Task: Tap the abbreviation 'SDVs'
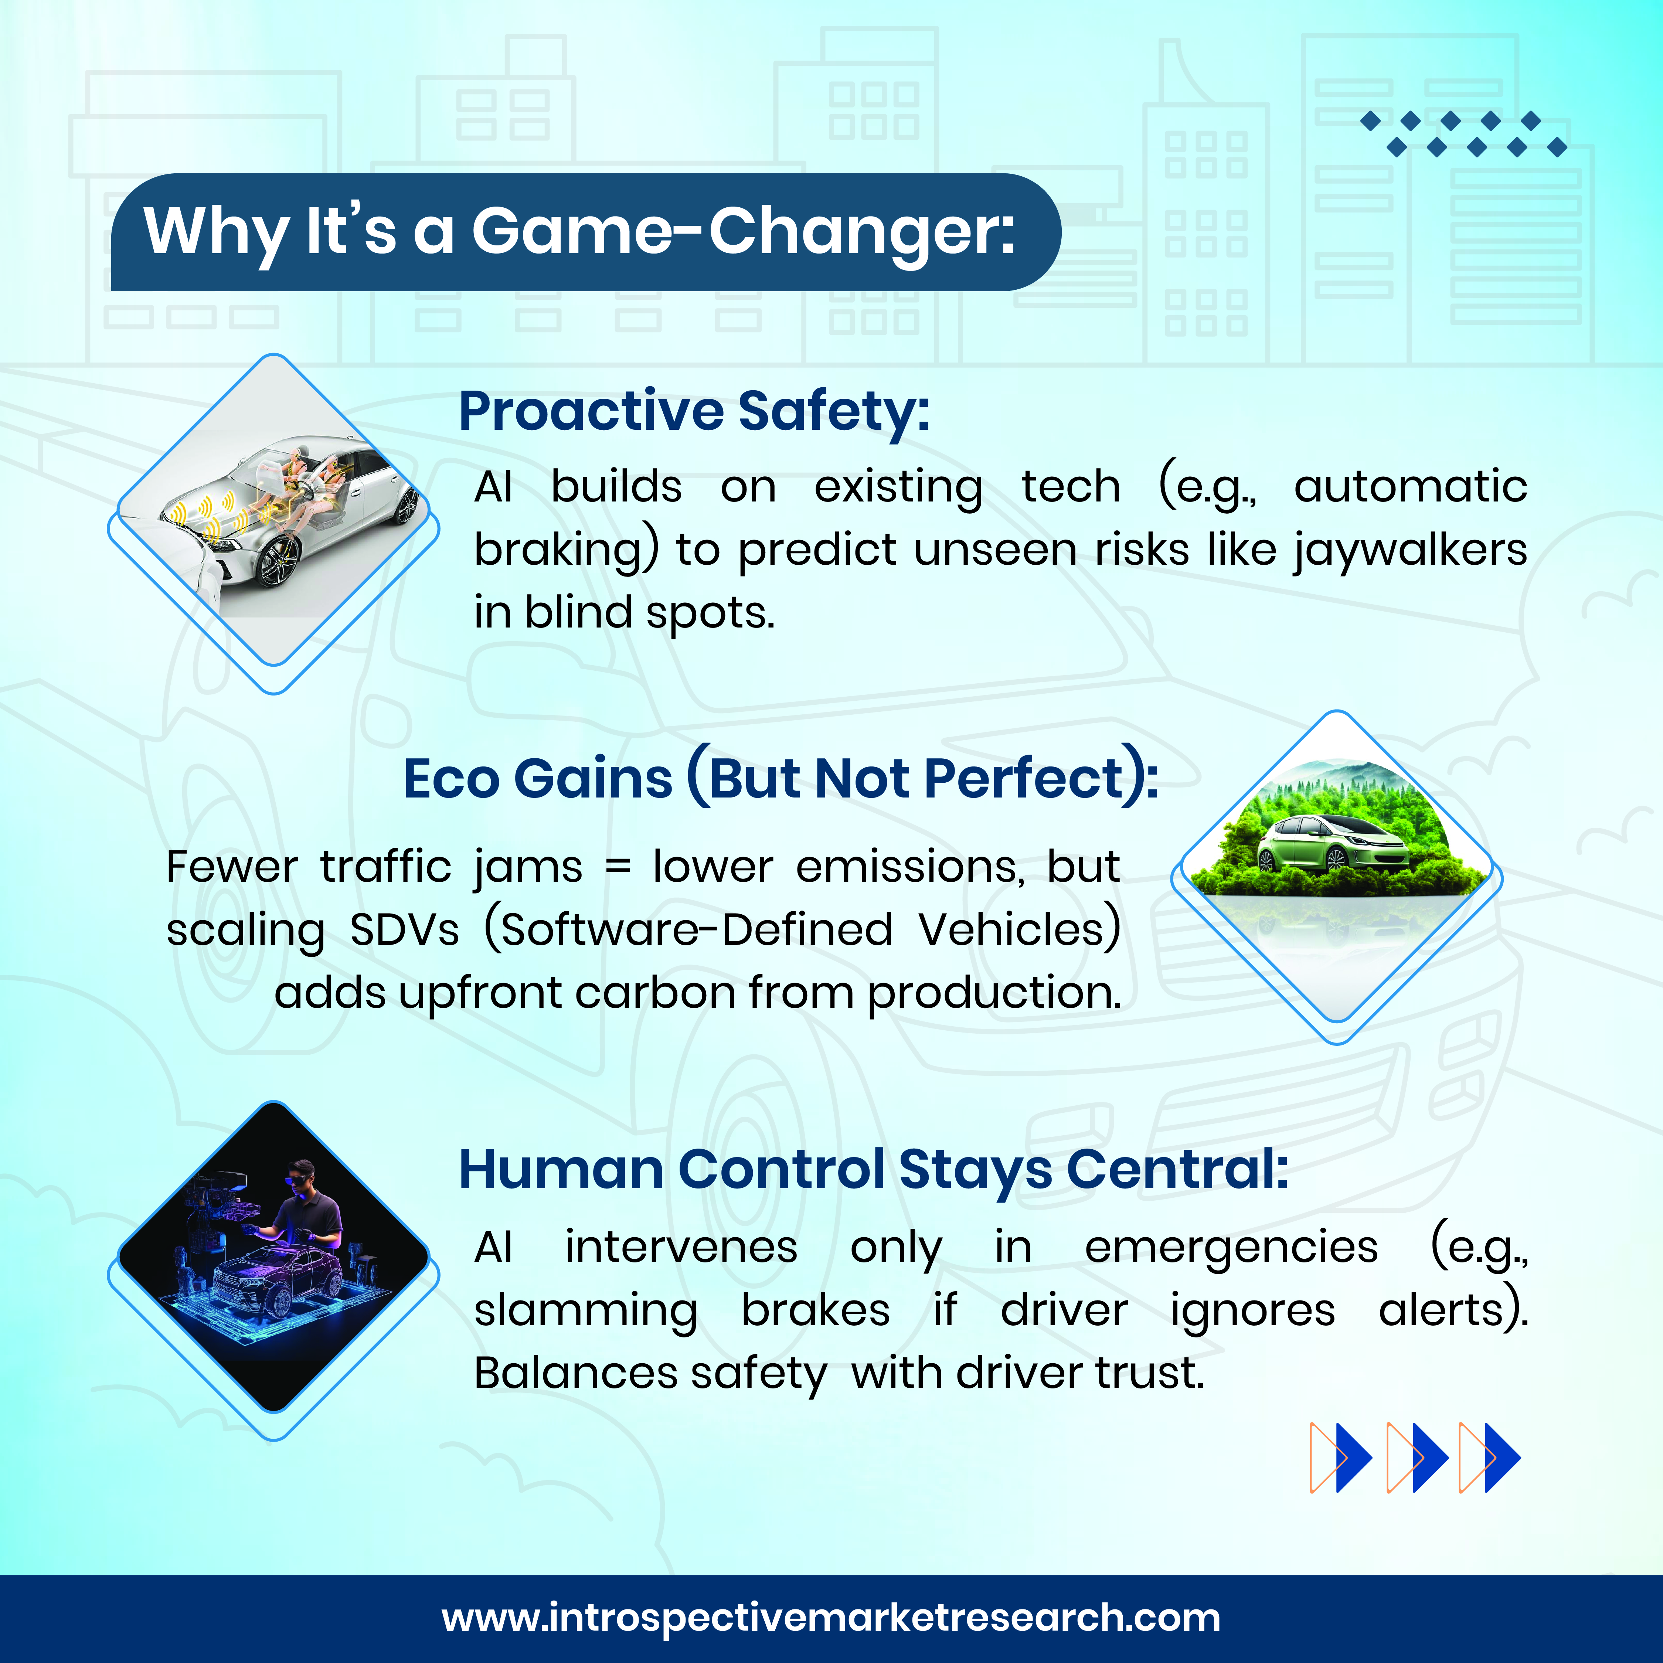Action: pos(405,930)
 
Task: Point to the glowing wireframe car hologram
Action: pos(271,1282)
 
